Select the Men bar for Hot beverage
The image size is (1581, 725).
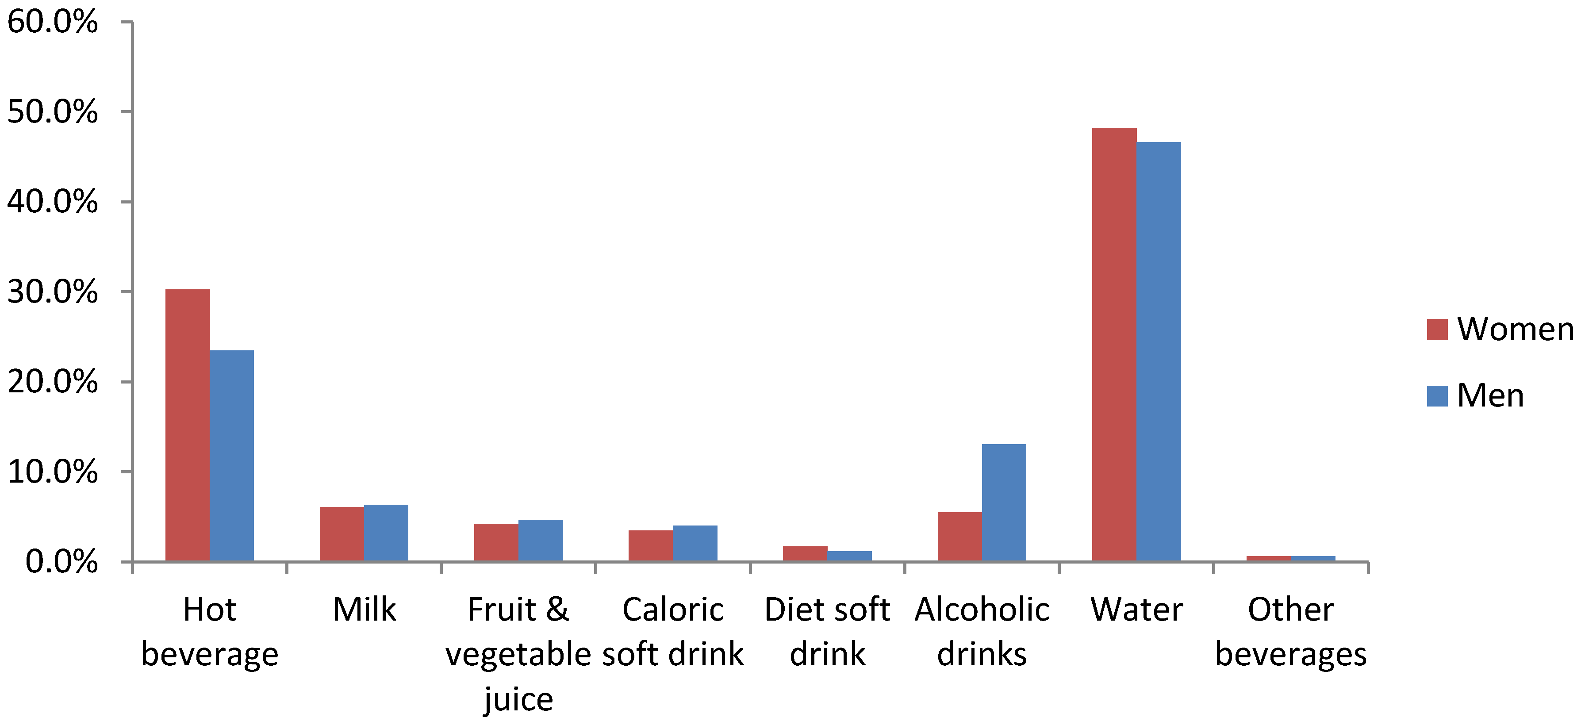[x=231, y=456]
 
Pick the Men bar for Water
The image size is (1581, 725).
[x=1158, y=351]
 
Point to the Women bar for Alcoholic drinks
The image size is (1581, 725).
[x=959, y=537]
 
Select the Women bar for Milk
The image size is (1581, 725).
[x=342, y=533]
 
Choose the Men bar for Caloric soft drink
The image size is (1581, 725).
[x=695, y=543]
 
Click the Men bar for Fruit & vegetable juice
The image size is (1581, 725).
[x=540, y=540]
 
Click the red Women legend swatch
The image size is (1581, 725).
[x=1437, y=329]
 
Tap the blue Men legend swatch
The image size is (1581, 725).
[x=1437, y=396]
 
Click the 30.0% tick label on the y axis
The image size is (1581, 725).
[x=52, y=292]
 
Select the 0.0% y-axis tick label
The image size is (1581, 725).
[x=61, y=562]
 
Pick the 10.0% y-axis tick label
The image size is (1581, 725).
[x=52, y=472]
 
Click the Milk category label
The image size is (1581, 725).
[x=364, y=610]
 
